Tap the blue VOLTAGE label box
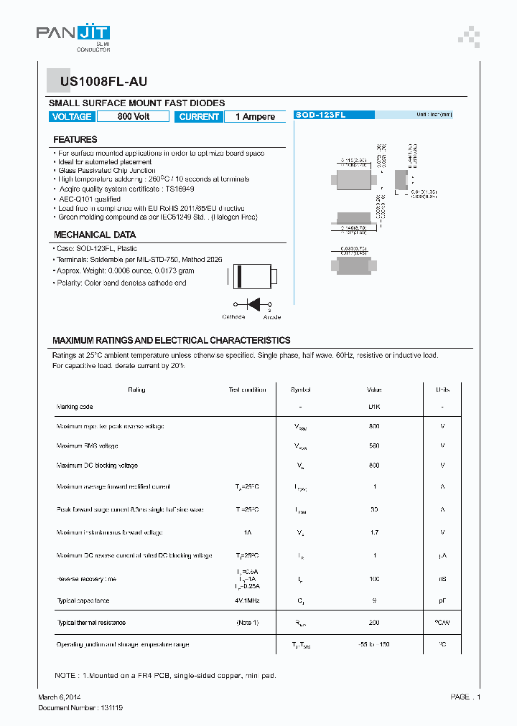[x=72, y=117]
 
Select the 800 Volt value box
[x=133, y=117]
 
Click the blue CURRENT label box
[x=199, y=117]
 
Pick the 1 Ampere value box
[x=255, y=117]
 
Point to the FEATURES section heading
[x=75, y=140]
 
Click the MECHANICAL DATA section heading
[x=95, y=235]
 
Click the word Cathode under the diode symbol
[x=233, y=317]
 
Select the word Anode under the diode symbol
[x=272, y=317]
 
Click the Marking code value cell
[x=374, y=407]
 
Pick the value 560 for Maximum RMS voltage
[x=374, y=445]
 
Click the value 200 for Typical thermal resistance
[x=374, y=623]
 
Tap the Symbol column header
[x=300, y=390]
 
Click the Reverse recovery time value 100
[x=374, y=578]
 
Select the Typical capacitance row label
[x=83, y=600]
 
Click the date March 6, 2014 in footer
[x=60, y=697]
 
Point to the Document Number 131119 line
[x=80, y=707]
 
